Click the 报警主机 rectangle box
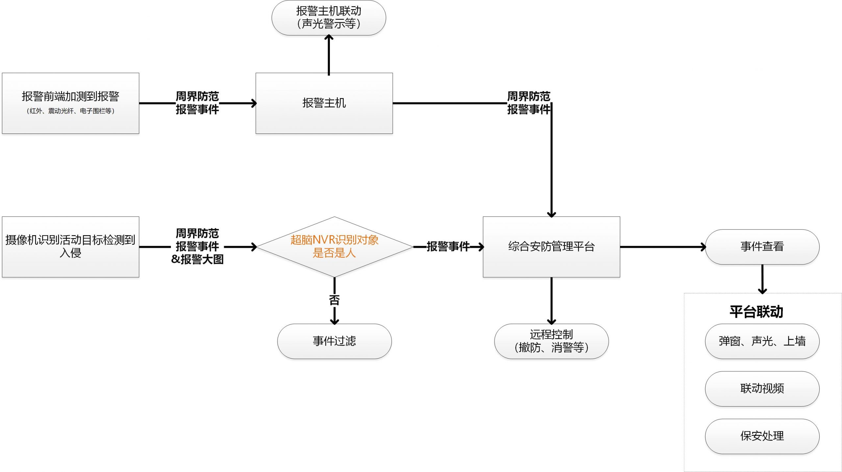coord(324,103)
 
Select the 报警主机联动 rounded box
coord(329,17)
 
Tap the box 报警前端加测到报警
coord(70,103)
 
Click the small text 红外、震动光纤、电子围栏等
coord(70,111)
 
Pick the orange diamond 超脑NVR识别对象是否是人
coord(334,246)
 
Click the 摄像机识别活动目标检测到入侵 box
coord(70,246)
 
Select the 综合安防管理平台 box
coord(551,246)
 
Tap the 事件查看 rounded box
coord(762,246)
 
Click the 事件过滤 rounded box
coord(334,341)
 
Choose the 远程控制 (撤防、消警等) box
coord(551,341)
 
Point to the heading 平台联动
coord(756,311)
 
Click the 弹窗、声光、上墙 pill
coord(762,341)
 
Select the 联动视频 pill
coord(762,388)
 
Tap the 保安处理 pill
coord(762,436)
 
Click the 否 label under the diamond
coord(334,300)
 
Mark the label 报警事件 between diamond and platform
coord(448,246)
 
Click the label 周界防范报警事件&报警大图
coord(197,246)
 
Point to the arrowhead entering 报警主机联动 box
coord(329,38)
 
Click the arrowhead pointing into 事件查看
coord(703,247)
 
